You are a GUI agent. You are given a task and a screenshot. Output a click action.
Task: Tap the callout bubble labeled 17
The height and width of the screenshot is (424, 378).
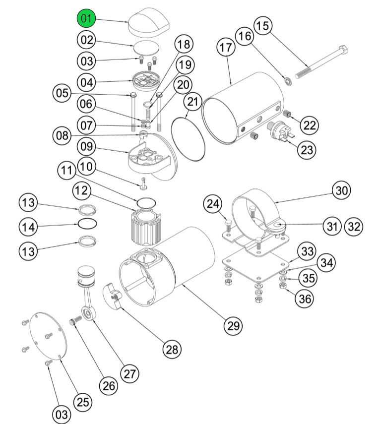point(226,49)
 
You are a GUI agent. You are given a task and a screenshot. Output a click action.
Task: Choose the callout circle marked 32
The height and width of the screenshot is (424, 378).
point(354,226)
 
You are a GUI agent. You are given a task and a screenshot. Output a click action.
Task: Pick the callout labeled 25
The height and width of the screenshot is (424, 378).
point(83,401)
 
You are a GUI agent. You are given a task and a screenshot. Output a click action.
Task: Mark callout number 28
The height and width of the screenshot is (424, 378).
point(172,349)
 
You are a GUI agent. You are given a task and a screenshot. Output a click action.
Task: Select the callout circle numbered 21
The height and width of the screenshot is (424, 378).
point(193,103)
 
